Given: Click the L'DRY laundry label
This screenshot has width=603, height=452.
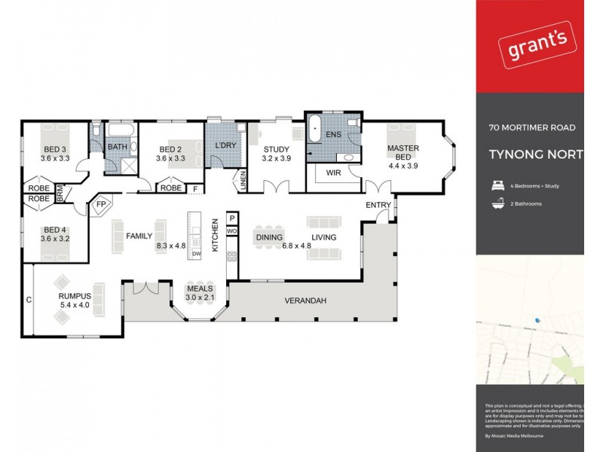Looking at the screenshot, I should tap(226, 145).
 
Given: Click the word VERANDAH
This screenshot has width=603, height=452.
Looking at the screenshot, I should tap(305, 301).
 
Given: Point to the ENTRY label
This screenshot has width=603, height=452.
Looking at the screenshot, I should tap(377, 205).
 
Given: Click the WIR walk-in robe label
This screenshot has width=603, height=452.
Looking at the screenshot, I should tap(335, 173).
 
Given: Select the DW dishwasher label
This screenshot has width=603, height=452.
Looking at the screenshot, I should tap(196, 254).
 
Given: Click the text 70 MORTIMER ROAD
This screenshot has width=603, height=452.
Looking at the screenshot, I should tap(531, 128).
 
